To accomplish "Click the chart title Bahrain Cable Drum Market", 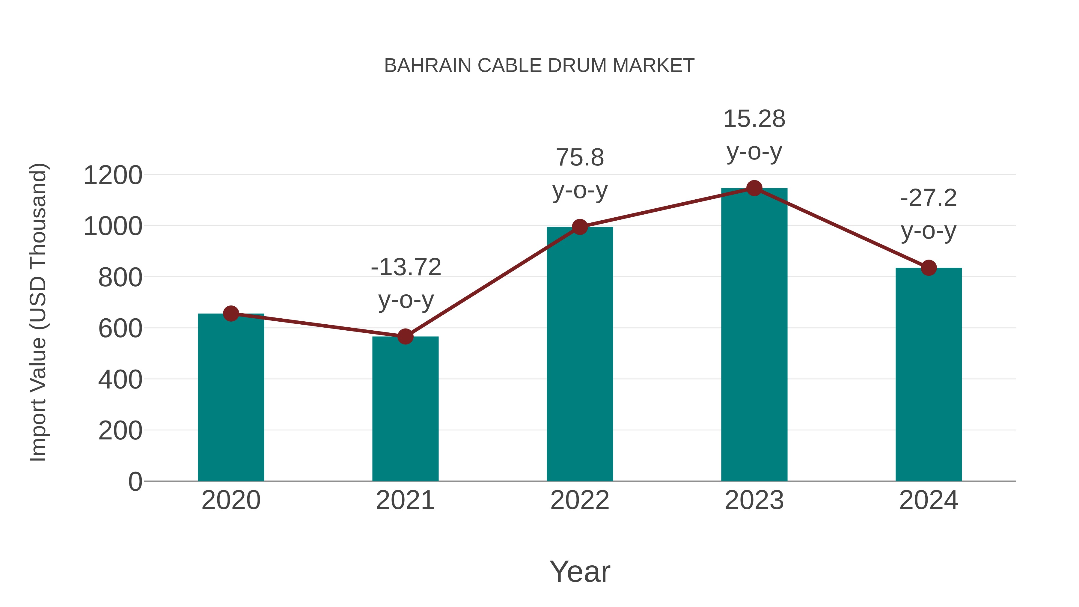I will pos(539,66).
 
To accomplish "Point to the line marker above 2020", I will pos(231,313).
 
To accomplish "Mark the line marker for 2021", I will pos(405,336).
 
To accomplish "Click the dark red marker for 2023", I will pos(754,188).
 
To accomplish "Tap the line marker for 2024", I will pos(929,268).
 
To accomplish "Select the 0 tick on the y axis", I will pos(135,481).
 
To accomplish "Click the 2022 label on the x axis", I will pos(580,500).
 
